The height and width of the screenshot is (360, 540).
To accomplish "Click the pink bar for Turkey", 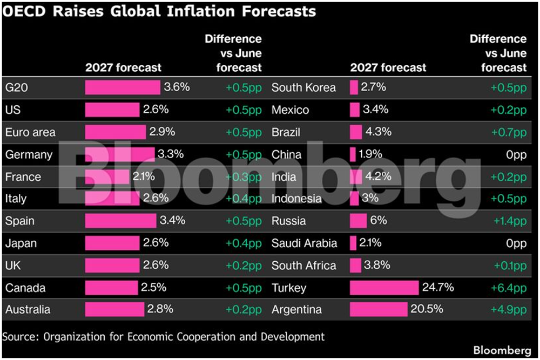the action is [x=384, y=288].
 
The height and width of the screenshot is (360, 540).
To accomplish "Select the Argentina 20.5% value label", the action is [x=427, y=309].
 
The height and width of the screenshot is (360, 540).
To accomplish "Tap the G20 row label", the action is [x=17, y=87].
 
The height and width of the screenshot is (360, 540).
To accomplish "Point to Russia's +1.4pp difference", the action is [x=510, y=221].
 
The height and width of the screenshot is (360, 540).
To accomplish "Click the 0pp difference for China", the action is [x=516, y=155].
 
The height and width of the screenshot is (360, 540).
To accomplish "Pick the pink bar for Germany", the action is [x=120, y=154].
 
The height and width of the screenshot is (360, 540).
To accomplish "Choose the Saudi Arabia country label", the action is [x=304, y=243].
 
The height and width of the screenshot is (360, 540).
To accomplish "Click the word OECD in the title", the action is [x=24, y=11].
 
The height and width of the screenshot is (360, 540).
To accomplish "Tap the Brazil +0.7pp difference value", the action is [x=509, y=133].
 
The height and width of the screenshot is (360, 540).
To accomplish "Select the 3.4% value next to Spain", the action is [x=173, y=220].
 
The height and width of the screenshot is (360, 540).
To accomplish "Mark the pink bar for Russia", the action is [x=358, y=221].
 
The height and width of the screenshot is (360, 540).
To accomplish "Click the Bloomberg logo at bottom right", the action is [x=502, y=350].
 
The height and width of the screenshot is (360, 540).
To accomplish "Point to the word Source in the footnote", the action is [x=21, y=337].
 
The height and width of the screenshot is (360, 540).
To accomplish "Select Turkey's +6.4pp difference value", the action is [x=509, y=288].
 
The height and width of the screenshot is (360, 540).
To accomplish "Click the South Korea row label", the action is [x=303, y=87].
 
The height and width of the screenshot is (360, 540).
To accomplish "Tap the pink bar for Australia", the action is [x=114, y=309].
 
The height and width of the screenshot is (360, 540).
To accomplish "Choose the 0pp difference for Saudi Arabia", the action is [x=516, y=243].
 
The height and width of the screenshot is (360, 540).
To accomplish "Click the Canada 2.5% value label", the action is [x=153, y=287].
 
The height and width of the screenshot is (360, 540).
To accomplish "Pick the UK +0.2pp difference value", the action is [x=244, y=266].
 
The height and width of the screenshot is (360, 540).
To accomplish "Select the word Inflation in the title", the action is [x=201, y=11].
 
